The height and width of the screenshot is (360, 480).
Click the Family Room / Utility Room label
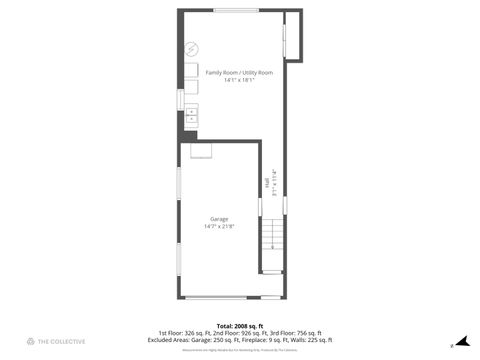point(238,73)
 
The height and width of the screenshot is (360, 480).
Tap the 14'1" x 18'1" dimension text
point(238,81)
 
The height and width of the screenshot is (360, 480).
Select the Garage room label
point(219,219)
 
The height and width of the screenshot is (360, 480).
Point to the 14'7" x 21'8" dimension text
point(219,227)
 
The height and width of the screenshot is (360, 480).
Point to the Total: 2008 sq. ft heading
point(239,326)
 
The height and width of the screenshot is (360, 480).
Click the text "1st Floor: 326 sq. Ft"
point(178,333)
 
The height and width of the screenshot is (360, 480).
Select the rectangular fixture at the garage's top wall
point(203,152)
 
